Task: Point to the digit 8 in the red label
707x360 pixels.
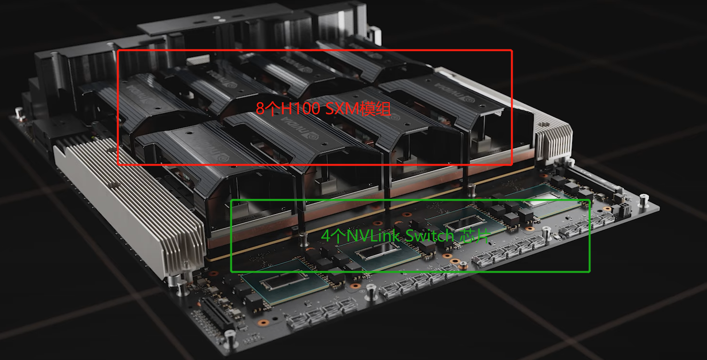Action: (x=260, y=108)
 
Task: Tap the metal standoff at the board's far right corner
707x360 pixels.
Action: (x=644, y=197)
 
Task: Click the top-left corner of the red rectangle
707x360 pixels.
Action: (x=118, y=50)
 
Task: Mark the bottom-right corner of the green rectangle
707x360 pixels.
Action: (x=589, y=272)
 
